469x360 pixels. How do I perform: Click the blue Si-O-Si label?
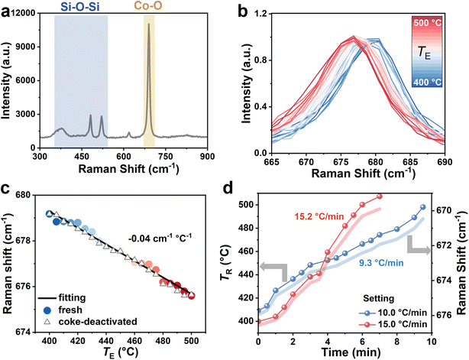81,7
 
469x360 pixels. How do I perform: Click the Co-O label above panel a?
149,6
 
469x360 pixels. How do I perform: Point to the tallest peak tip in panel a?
149,24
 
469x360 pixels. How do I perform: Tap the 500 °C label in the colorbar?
427,22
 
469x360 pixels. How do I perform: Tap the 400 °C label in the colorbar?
427,81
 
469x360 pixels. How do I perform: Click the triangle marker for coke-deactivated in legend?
47,321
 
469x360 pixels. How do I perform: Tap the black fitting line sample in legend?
47,298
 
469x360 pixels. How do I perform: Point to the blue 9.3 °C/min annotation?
380,263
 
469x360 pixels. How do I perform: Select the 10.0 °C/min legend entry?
393,313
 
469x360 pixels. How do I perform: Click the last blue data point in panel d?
423,207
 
